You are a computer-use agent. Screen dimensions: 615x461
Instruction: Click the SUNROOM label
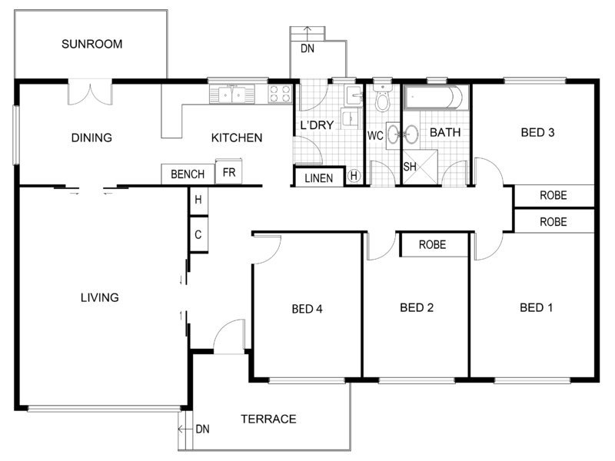tap(91, 44)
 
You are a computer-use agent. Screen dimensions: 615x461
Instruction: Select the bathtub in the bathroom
tap(436, 98)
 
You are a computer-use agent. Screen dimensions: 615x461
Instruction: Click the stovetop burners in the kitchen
tap(280, 94)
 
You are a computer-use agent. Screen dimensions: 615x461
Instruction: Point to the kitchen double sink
tap(232, 95)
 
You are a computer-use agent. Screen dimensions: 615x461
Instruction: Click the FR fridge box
tap(228, 171)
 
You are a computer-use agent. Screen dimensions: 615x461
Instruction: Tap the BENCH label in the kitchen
tap(188, 174)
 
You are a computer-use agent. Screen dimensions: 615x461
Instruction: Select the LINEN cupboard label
tap(318, 179)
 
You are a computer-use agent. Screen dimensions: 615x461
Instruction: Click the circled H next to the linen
tap(354, 176)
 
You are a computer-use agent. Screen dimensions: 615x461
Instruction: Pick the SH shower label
tap(410, 167)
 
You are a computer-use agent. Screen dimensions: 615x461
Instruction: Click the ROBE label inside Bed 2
tap(432, 245)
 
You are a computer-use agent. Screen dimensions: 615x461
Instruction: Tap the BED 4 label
tap(307, 310)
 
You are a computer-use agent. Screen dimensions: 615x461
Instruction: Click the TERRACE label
tap(268, 419)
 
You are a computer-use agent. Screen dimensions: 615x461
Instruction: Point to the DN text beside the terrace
tap(202, 429)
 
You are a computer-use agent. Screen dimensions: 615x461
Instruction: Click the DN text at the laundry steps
tap(307, 48)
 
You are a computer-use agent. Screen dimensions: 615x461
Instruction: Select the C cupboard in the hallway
tap(198, 234)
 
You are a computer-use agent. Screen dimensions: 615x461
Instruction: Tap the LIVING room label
tap(100, 297)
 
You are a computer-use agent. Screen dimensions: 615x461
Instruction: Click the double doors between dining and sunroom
tap(90, 92)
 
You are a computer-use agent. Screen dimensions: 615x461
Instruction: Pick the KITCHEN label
tap(237, 138)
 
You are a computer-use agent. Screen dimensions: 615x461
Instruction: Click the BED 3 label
tap(537, 132)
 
